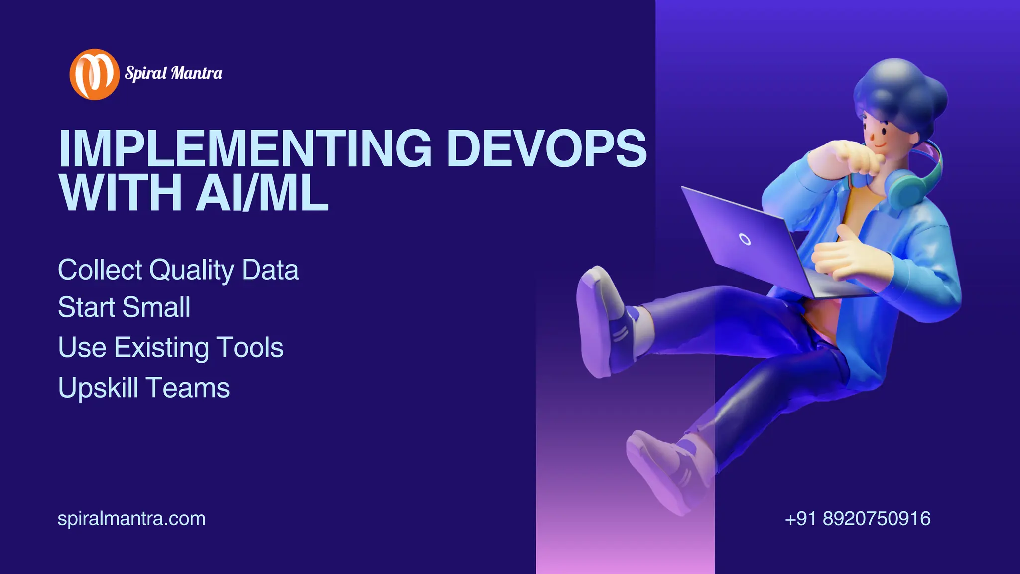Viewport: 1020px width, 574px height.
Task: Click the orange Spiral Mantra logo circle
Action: pos(94,74)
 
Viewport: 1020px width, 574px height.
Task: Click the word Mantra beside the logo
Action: pos(197,73)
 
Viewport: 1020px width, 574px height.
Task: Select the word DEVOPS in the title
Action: pos(546,148)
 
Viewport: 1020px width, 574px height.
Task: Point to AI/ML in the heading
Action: pos(262,192)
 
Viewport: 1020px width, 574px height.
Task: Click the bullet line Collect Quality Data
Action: pos(178,270)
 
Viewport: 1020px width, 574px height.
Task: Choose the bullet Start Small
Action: pos(124,307)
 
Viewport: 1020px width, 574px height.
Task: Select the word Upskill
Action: pos(98,388)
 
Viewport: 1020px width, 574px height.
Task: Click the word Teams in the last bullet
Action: pos(188,388)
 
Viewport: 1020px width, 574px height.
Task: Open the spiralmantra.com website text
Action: pos(131,519)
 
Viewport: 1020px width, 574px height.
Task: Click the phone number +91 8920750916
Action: pos(858,519)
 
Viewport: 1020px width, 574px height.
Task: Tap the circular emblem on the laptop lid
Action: pos(745,239)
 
